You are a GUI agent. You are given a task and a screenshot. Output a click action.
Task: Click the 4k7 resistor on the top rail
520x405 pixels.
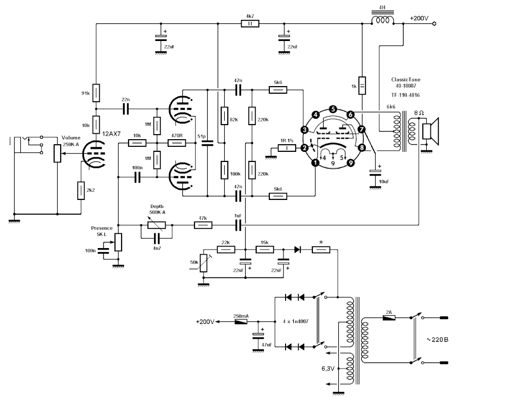click(x=250, y=23)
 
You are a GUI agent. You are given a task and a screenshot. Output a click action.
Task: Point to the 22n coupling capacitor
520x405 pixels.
click(x=126, y=109)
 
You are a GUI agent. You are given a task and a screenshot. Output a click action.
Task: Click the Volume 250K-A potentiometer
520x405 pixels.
click(x=57, y=152)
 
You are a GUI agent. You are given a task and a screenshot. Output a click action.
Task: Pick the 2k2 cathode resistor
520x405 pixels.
click(x=80, y=190)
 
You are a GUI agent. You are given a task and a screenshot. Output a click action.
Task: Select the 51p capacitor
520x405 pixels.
click(x=207, y=143)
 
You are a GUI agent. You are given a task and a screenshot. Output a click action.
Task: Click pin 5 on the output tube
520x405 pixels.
click(x=333, y=109)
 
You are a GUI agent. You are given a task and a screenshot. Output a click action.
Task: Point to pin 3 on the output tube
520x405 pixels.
click(x=305, y=130)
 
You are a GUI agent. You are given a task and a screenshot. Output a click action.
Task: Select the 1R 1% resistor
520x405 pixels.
click(x=287, y=148)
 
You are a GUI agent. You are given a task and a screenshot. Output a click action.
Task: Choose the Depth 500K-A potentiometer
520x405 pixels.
click(x=156, y=224)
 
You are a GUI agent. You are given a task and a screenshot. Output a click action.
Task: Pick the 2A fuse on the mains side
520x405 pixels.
click(x=388, y=317)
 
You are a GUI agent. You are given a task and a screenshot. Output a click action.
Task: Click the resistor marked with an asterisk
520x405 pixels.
click(x=321, y=249)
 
